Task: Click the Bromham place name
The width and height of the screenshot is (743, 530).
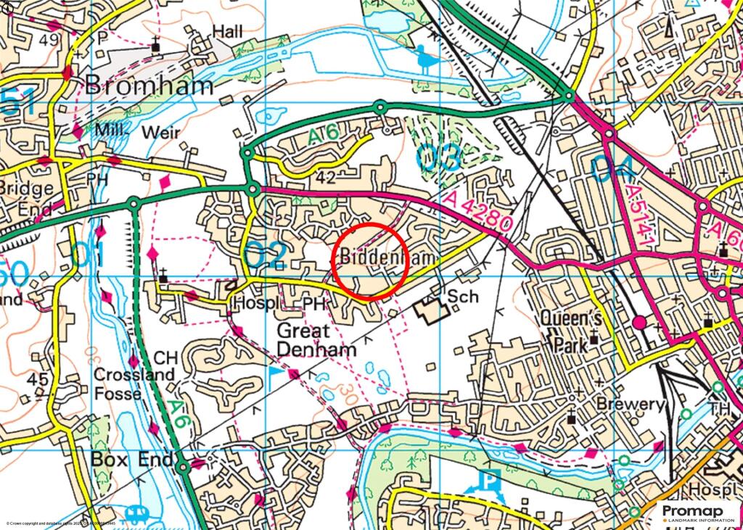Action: [149, 86]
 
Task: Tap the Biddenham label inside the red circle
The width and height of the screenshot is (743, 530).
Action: [387, 257]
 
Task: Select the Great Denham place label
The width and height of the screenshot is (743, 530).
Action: [317, 340]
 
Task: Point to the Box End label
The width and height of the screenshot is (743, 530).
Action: [132, 460]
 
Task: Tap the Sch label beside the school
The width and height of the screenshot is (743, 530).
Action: [464, 297]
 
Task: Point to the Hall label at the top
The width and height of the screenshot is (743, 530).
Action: [228, 31]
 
